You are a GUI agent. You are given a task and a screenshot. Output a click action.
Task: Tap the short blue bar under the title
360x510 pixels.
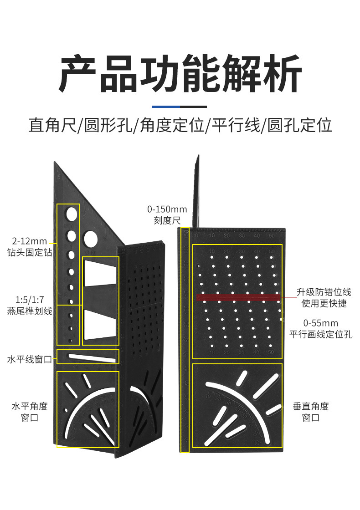pos(165,107)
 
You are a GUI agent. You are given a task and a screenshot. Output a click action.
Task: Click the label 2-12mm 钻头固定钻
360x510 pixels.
pos(27,246)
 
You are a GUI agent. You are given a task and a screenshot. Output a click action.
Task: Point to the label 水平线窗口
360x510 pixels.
pos(30,360)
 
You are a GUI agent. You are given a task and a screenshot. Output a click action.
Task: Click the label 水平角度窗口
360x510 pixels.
pos(30,412)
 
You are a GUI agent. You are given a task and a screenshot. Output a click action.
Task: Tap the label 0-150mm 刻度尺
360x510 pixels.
pos(167,215)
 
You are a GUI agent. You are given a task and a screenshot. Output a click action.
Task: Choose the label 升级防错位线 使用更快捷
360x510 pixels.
pos(324,298)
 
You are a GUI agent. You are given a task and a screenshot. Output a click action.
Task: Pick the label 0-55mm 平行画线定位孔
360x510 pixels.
pos(321,329)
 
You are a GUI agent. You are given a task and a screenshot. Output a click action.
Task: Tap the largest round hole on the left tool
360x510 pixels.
pos(90,238)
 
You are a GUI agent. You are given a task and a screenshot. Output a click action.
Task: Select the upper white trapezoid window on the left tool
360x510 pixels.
pos(100,273)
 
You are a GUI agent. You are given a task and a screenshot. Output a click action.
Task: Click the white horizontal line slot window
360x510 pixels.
pos(91,357)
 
